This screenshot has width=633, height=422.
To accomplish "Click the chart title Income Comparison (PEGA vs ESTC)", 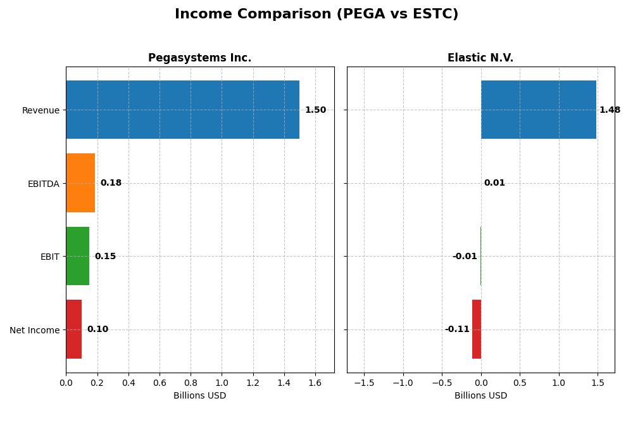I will [x=316, y=14].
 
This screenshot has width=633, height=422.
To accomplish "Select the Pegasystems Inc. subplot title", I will [x=199, y=58].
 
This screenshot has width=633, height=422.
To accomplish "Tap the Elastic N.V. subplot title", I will [x=480, y=58].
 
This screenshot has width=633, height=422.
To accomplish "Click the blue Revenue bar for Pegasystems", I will [x=182, y=110].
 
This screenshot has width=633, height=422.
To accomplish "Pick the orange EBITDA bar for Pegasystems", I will [x=80, y=183].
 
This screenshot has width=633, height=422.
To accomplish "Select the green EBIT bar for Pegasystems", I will [x=77, y=256].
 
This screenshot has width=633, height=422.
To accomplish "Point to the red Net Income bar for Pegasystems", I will [x=73, y=329].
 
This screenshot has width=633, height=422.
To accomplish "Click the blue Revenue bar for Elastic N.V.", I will [x=539, y=110].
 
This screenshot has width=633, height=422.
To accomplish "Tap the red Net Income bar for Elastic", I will [x=477, y=329].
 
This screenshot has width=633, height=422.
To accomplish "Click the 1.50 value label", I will [x=315, y=110].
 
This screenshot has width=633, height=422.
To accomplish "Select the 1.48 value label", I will [x=610, y=110].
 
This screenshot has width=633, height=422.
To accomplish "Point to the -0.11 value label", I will [x=457, y=329].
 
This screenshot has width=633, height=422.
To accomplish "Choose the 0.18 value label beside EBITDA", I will [x=111, y=183].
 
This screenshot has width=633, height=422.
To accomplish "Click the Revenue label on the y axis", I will [x=41, y=110].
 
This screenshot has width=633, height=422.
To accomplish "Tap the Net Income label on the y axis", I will [x=35, y=330].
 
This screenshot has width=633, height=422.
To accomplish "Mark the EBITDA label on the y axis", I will [x=43, y=184].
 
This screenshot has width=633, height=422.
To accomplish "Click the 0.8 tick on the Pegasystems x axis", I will [x=191, y=383].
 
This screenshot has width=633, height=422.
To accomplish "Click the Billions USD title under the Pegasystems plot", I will [x=199, y=396].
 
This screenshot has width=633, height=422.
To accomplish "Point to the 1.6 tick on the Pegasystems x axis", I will [x=315, y=383].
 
